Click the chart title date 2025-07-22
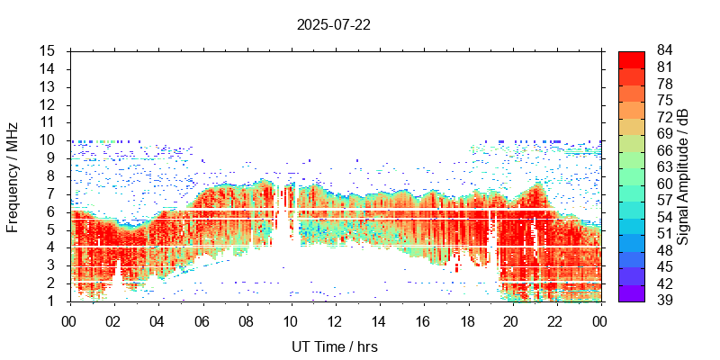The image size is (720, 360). coord(333,24)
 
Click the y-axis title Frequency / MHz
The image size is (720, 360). coord(13,175)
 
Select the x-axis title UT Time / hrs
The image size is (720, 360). coord(334,346)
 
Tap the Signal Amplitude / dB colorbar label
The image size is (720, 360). coord(683,175)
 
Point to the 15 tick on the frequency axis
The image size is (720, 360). coord(49,51)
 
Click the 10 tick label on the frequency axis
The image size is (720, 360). coord(49,140)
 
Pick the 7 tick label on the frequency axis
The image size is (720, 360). coord(53,193)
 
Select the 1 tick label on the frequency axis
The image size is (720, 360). coord(53,301)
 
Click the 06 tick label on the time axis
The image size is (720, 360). coord(202,319)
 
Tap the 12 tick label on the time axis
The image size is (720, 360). coord(334,319)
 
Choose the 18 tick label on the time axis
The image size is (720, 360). coord(467,319)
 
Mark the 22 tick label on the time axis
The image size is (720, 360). coord(555,319)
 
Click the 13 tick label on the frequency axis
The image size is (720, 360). coord(49,87)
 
